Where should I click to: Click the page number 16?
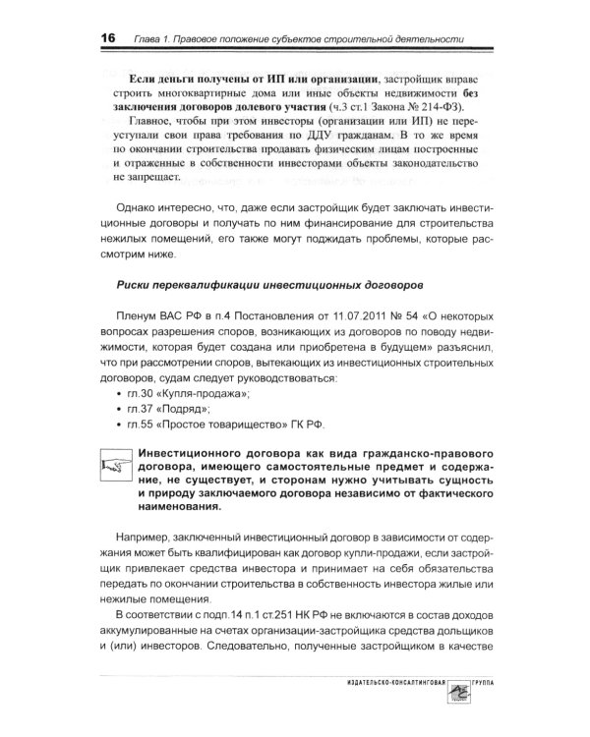point(106,36)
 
